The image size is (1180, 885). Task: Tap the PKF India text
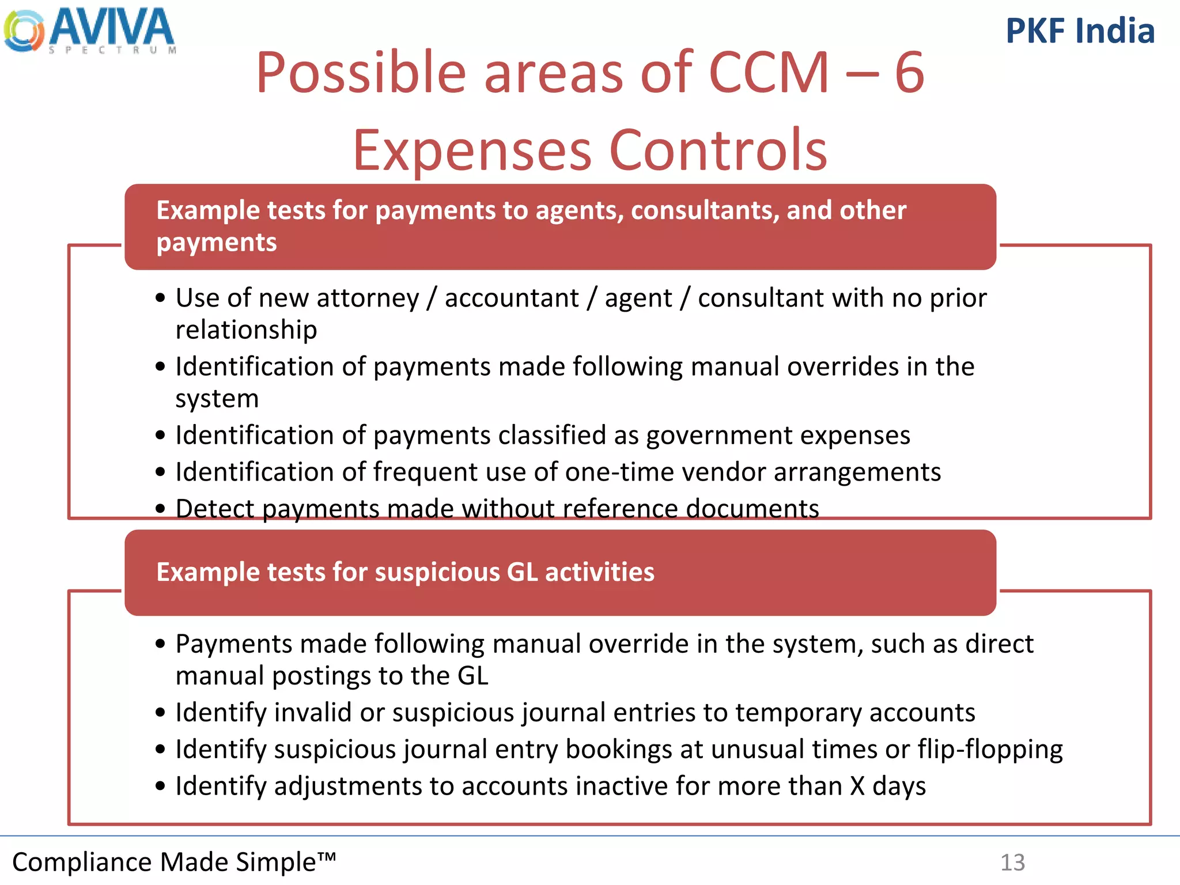click(x=1080, y=31)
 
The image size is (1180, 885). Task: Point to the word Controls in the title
click(x=718, y=150)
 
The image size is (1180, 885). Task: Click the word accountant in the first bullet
click(x=512, y=298)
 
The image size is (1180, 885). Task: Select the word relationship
click(x=246, y=330)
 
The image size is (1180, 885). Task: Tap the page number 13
click(x=1012, y=863)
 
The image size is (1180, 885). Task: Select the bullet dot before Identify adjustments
click(x=160, y=786)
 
